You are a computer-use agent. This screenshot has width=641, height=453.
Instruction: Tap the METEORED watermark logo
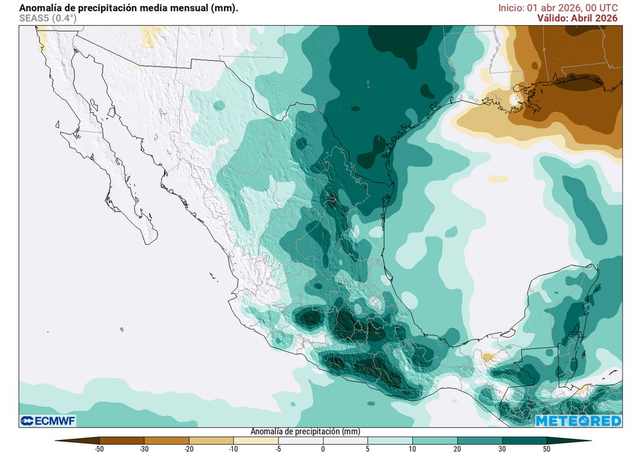click(x=578, y=420)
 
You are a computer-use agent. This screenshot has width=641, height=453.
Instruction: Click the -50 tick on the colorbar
click(x=100, y=449)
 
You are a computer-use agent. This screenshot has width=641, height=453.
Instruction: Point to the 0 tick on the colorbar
click(x=323, y=449)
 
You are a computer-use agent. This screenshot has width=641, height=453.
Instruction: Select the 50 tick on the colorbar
click(x=546, y=449)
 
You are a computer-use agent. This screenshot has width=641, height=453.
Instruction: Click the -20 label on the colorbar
click(x=189, y=449)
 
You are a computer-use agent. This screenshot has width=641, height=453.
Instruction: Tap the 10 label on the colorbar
click(x=413, y=449)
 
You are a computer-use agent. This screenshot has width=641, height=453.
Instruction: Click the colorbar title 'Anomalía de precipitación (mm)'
click(x=305, y=432)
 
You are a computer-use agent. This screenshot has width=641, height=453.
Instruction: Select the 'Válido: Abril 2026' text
click(x=577, y=18)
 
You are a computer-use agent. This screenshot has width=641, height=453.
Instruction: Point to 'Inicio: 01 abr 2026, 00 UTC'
click(x=558, y=8)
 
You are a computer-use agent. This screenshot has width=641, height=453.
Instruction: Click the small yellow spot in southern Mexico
click(x=488, y=358)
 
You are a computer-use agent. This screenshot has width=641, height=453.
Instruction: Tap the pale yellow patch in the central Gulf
click(x=498, y=179)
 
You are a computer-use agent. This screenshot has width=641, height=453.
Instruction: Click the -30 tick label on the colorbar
click(x=145, y=449)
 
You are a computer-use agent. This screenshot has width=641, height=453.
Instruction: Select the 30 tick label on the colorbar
click(x=502, y=449)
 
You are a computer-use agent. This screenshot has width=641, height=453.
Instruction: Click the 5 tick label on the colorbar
click(x=368, y=449)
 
